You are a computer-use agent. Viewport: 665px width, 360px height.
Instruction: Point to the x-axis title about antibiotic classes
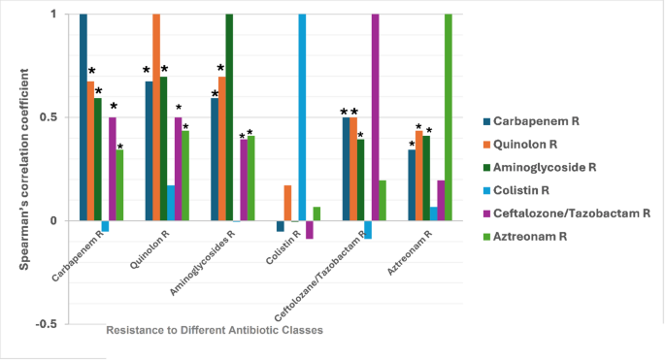pyautogui.click(x=214, y=330)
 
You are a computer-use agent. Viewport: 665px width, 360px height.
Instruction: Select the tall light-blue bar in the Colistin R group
pyautogui.click(x=302, y=117)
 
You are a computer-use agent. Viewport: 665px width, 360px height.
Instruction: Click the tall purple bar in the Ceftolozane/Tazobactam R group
pyautogui.click(x=375, y=117)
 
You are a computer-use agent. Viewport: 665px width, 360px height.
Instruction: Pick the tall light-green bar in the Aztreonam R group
pyautogui.click(x=449, y=117)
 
